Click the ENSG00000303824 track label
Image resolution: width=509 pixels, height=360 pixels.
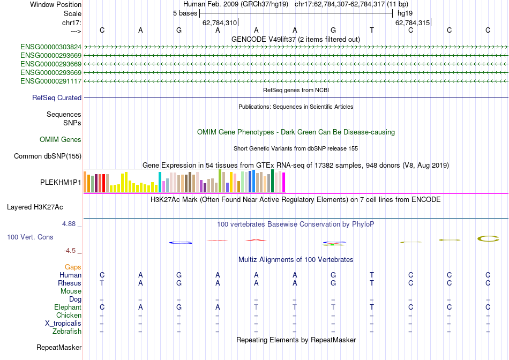(51, 47)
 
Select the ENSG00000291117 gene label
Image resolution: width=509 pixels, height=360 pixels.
(51, 81)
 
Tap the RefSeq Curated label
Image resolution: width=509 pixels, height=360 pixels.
(57, 98)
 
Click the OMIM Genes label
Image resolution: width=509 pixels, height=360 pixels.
(61, 140)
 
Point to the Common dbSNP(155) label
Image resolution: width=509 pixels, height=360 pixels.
(48, 156)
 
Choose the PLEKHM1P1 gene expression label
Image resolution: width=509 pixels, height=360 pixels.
(61, 182)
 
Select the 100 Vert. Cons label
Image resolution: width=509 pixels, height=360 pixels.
(30, 237)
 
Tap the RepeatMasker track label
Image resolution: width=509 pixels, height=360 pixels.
(59, 348)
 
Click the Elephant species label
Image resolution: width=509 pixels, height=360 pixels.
(68, 307)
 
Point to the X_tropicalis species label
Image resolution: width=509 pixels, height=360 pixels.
(63, 324)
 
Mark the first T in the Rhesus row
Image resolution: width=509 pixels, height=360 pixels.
(102, 283)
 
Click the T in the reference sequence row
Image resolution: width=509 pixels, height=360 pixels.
(372, 30)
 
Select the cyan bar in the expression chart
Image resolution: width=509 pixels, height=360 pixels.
(160, 182)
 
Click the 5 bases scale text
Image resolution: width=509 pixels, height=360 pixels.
(185, 13)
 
